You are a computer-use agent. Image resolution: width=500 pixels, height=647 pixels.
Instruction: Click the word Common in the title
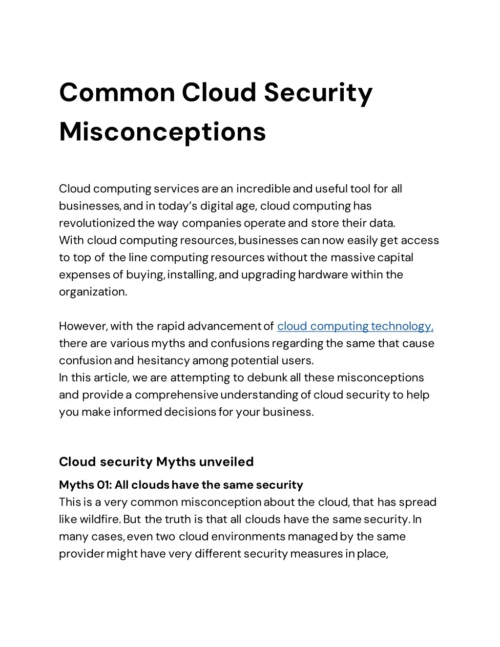pyautogui.click(x=117, y=92)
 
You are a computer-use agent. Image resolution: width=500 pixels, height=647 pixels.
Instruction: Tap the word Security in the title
pyautogui.click(x=318, y=92)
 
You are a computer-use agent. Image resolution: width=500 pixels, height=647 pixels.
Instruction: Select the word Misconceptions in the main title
pyautogui.click(x=162, y=131)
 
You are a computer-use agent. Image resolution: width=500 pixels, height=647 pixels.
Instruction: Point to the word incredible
pyautogui.click(x=263, y=189)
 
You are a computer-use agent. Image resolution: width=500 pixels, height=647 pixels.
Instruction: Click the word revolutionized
pyautogui.click(x=97, y=223)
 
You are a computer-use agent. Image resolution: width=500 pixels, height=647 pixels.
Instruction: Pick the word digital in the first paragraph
pyautogui.click(x=216, y=206)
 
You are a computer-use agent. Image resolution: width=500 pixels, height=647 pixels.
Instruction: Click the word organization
pyautogui.click(x=93, y=292)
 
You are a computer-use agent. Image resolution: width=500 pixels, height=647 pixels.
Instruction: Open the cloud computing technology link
pyautogui.click(x=355, y=326)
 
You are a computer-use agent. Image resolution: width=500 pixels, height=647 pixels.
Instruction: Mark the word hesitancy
pyautogui.click(x=163, y=360)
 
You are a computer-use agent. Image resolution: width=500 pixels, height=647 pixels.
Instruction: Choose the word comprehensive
pyautogui.click(x=176, y=395)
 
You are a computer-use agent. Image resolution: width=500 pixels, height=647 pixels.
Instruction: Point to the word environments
pyautogui.click(x=249, y=536)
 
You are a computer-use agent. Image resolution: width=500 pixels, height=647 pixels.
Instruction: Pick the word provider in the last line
pyautogui.click(x=82, y=554)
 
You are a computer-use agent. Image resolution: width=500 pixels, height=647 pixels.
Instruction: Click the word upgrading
pyautogui.click(x=268, y=274)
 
